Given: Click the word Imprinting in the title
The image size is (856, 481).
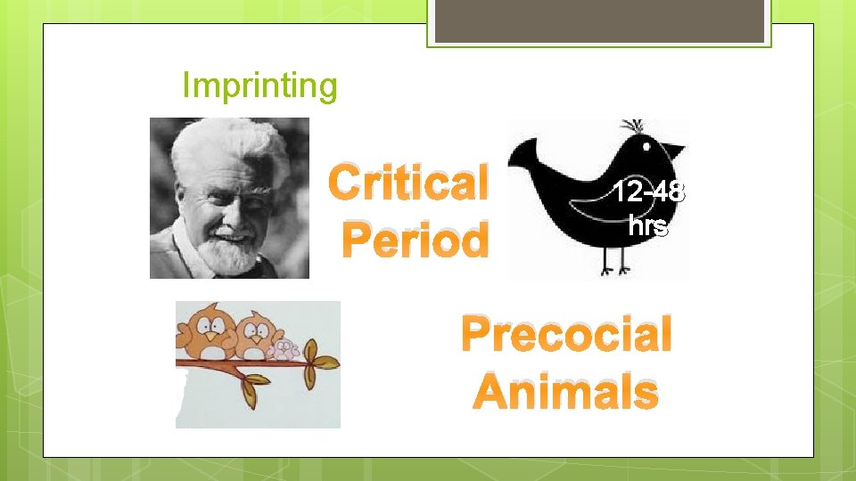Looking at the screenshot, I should pyautogui.click(x=259, y=86).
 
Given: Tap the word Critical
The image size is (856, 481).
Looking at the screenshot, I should pyautogui.click(x=408, y=184).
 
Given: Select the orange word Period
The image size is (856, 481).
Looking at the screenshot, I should pyautogui.click(x=416, y=240).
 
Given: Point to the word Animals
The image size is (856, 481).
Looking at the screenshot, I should pyautogui.click(x=565, y=392).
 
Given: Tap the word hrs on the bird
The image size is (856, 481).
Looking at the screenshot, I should pyautogui.click(x=648, y=226).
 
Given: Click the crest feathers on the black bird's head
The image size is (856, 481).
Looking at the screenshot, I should pyautogui.click(x=636, y=126).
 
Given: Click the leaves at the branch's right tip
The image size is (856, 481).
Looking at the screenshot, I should pyautogui.click(x=322, y=362).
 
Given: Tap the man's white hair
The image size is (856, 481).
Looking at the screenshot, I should pyautogui.click(x=223, y=147).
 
